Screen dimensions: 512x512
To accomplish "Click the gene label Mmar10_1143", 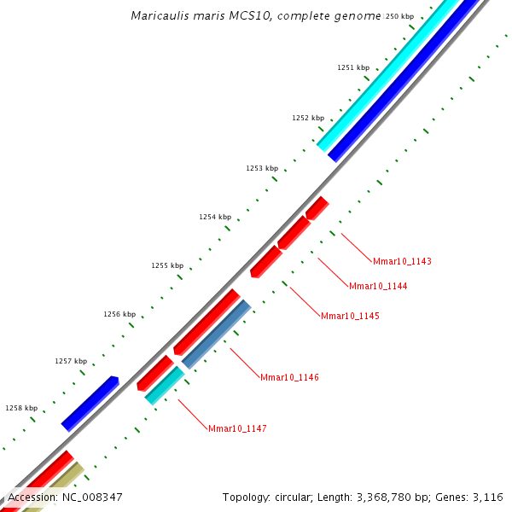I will coord(402,261).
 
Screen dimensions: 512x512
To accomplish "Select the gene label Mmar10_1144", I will coord(378,286).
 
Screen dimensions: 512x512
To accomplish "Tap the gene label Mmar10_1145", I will coord(350,316).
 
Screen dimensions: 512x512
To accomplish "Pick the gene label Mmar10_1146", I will coord(289,377).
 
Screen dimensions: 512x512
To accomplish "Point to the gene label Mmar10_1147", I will coord(237,428).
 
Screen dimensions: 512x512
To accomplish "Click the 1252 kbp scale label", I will coord(308,118).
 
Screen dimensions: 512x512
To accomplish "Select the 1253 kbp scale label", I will coord(262,169).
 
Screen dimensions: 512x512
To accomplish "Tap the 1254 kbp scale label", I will coord(215,217).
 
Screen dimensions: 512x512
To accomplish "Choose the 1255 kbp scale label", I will coord(167,265).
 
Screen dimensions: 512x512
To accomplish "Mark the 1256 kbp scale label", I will coord(119,314).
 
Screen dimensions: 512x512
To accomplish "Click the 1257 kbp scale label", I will coord(71,361).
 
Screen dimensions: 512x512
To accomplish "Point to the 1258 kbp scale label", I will coord(21,408).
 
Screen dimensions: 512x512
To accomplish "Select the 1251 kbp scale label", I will coord(353,67).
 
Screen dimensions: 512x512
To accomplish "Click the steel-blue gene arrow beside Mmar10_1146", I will coord(217,334).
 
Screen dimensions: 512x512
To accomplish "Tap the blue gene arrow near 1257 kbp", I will coord(90,402).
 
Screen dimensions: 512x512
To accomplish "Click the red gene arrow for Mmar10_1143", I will coord(317,207).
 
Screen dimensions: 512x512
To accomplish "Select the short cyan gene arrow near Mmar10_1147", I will coord(165,386).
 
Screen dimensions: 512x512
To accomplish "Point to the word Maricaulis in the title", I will coord(157,16).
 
